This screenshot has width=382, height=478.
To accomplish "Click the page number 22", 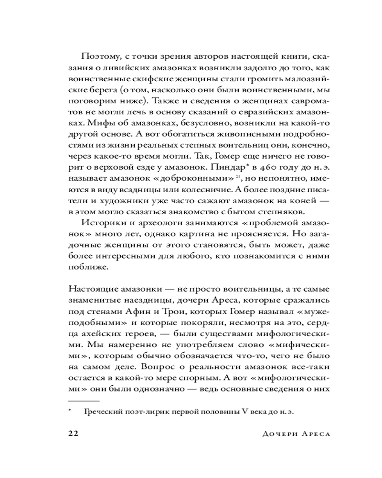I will [74, 433].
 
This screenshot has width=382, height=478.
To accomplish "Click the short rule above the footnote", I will [84, 400].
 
